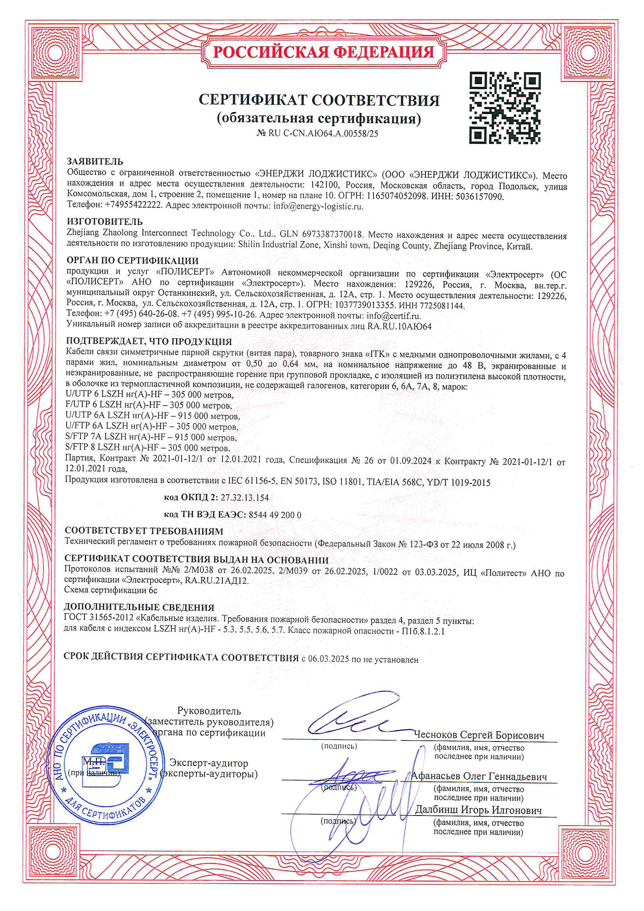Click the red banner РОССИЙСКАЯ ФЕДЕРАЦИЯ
click(x=323, y=52)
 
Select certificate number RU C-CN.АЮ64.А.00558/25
click(x=323, y=134)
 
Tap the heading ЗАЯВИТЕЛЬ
click(x=95, y=161)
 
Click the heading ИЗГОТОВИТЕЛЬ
click(x=104, y=221)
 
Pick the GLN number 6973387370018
click(x=332, y=235)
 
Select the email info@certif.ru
click(x=393, y=316)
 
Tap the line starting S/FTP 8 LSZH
click(x=147, y=448)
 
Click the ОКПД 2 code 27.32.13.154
click(x=244, y=498)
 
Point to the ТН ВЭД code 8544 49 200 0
click(x=275, y=515)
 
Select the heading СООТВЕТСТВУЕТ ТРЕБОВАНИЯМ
click(x=144, y=531)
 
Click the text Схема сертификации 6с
click(x=111, y=590)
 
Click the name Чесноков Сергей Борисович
click(x=479, y=735)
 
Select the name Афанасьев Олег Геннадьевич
click(x=478, y=776)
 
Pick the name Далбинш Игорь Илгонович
click(x=478, y=810)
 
